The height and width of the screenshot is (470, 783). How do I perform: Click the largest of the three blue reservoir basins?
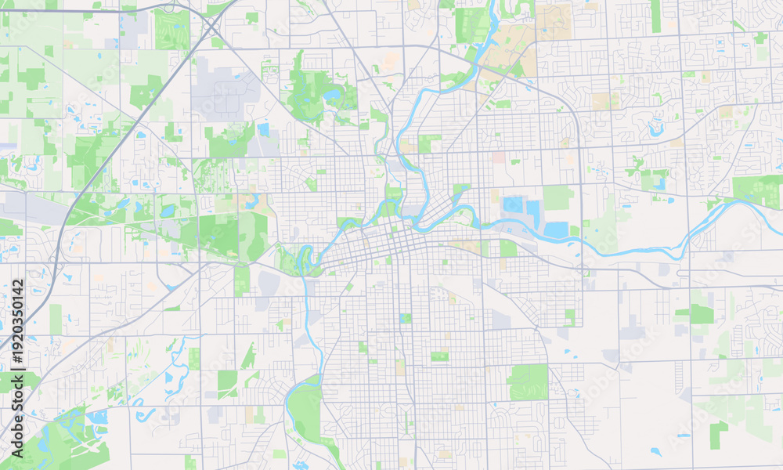pyautogui.click(x=556, y=230)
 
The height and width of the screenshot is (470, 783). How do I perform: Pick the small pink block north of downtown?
pyautogui.click(x=498, y=157)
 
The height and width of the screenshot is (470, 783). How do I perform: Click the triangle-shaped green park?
pyautogui.click(x=249, y=357)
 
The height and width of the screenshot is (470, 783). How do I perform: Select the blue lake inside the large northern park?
pyautogui.click(x=332, y=95)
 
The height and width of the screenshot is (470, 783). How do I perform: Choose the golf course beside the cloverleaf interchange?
pyautogui.click(x=171, y=30)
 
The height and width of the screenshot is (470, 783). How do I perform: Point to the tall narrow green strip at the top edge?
pyautogui.click(x=655, y=16)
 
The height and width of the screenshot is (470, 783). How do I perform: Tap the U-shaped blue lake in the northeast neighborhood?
pyautogui.click(x=655, y=129)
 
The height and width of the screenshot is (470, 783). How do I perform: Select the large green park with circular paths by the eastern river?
pyautogui.click(x=757, y=190)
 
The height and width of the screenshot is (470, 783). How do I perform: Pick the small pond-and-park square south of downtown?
pyautogui.click(x=405, y=318)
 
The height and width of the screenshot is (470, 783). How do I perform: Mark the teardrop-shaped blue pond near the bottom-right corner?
pyautogui.click(x=655, y=451)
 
